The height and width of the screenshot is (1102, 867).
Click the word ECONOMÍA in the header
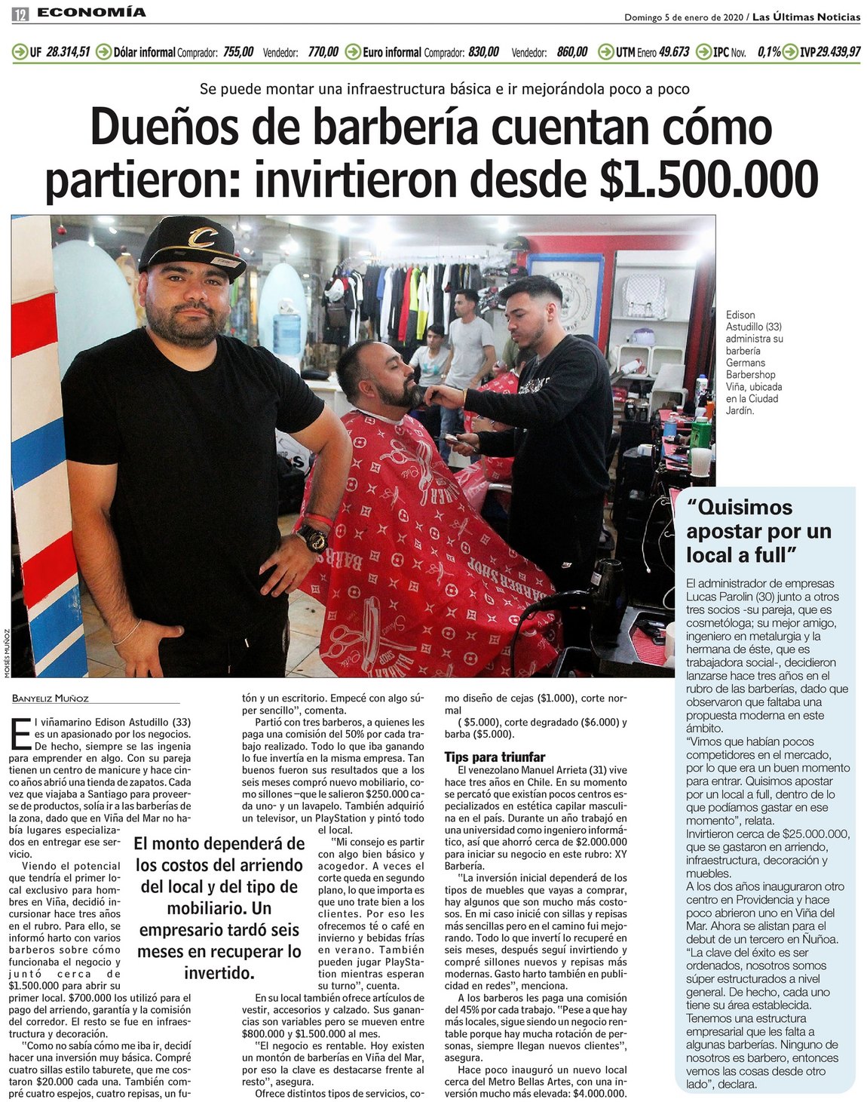[91, 12]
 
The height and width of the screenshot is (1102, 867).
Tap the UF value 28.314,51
[68, 52]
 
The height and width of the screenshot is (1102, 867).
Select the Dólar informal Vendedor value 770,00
[323, 52]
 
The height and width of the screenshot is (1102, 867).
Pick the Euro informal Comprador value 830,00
[483, 52]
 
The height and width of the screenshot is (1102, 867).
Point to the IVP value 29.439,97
[838, 52]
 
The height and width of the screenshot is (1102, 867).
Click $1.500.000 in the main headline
[709, 180]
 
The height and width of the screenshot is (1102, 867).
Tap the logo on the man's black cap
[201, 238]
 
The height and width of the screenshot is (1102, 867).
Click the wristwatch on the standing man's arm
[312, 537]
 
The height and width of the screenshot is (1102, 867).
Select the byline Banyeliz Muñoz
[51, 698]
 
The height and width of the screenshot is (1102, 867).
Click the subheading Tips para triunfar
[494, 757]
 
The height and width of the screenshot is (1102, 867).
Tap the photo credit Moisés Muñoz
[6, 654]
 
